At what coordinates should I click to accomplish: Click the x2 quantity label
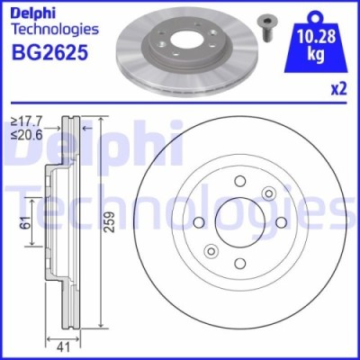339,88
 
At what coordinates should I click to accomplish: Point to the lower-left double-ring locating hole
213,250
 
